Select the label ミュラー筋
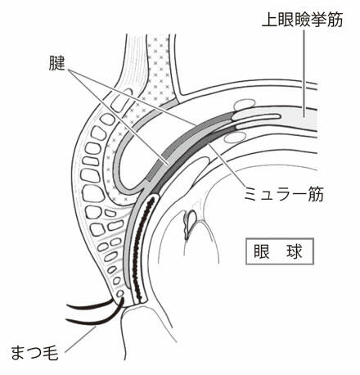point(286,195)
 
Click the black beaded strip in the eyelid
point(137,246)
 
